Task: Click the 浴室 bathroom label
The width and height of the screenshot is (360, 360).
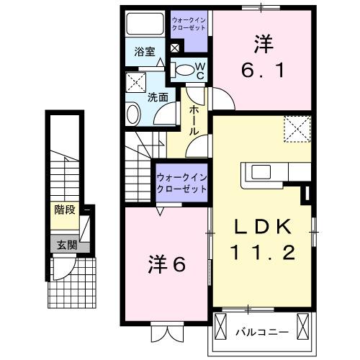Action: click(x=145, y=52)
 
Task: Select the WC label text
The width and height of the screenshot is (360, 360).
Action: click(x=200, y=71)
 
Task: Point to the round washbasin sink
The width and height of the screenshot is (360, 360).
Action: click(x=133, y=113)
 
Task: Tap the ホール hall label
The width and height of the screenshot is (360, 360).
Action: click(x=194, y=120)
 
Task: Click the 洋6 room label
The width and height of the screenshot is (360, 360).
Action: click(x=168, y=264)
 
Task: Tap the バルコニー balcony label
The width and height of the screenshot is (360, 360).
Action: click(x=263, y=332)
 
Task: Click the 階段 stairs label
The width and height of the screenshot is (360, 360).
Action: click(x=65, y=210)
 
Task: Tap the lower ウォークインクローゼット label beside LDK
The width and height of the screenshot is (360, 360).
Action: click(x=181, y=183)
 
